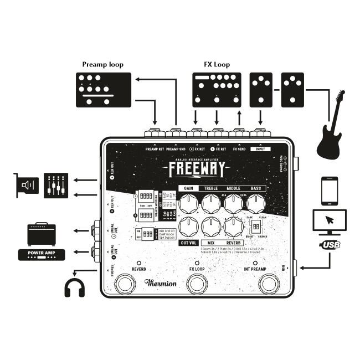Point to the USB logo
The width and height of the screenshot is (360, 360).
330,245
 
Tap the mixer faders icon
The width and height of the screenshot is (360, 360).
56,185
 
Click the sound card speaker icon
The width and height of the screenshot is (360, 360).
27,185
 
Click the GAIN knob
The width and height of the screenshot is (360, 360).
189,204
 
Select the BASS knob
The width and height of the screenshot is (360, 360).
255,204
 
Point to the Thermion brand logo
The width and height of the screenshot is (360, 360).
161,283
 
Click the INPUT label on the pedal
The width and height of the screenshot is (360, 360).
260,149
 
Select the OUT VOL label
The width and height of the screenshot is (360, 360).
189,243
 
